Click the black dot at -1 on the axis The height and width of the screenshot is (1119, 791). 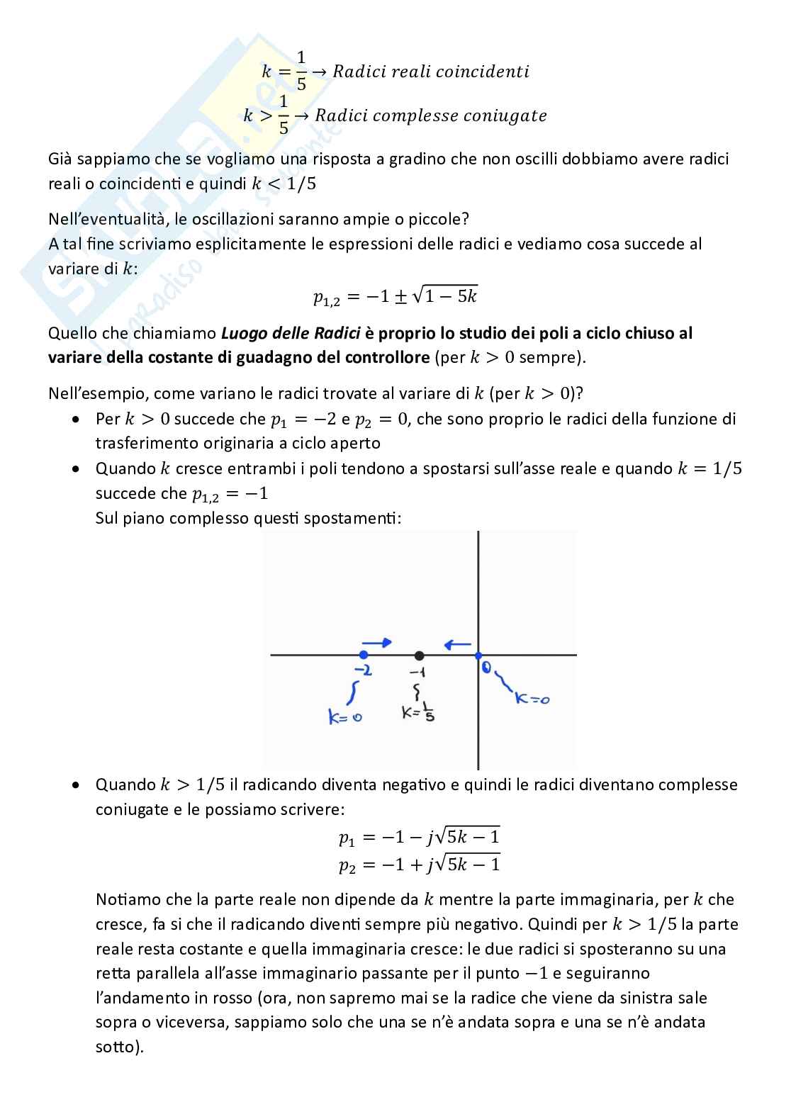click(x=420, y=656)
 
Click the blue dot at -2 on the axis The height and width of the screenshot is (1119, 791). click(x=364, y=655)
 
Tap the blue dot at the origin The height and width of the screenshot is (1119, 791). click(x=478, y=656)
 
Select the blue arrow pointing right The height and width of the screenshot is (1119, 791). click(x=381, y=643)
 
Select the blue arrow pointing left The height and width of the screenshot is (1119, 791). click(x=457, y=644)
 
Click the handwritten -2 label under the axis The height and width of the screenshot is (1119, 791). click(x=363, y=670)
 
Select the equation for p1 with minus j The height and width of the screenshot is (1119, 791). click(x=419, y=838)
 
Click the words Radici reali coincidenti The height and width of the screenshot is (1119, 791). click(x=431, y=72)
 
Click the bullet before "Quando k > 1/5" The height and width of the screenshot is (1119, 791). click(x=76, y=785)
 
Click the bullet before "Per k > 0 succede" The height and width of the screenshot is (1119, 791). click(x=76, y=420)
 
